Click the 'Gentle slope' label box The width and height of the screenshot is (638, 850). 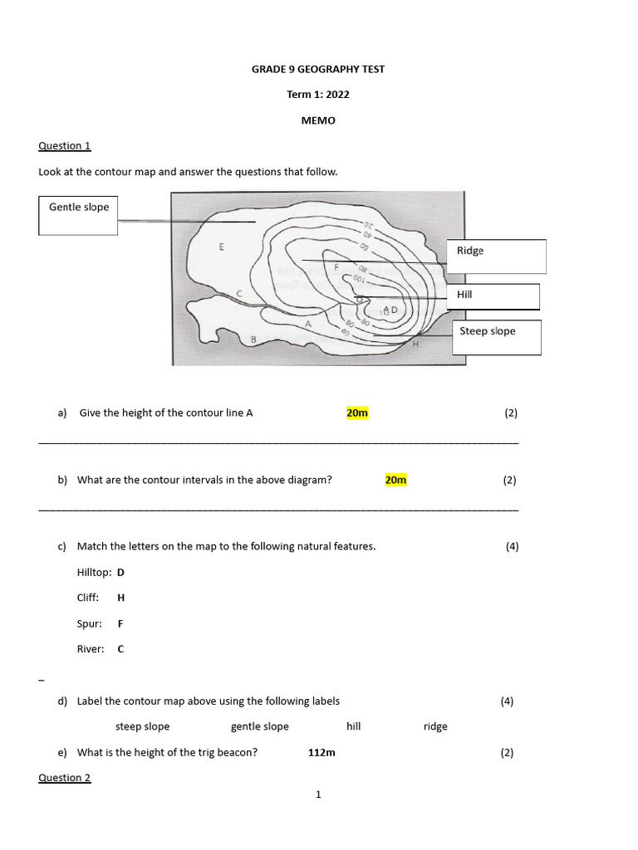[78, 215]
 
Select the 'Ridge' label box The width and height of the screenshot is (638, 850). [497, 256]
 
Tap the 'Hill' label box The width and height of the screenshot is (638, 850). [493, 296]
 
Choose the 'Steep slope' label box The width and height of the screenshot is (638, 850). [496, 337]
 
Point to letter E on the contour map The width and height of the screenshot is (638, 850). [221, 247]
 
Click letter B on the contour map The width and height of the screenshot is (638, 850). [253, 339]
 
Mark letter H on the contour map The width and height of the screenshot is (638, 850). [415, 344]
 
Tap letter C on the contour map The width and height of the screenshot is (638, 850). [240, 293]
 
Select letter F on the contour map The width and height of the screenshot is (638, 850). [336, 267]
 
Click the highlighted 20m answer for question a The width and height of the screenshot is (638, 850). [356, 413]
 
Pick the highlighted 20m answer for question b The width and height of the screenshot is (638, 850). [395, 480]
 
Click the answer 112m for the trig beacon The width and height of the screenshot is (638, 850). [321, 752]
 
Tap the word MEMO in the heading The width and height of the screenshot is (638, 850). [318, 120]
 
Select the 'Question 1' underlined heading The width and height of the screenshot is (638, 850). [64, 145]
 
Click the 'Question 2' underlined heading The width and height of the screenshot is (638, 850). [64, 778]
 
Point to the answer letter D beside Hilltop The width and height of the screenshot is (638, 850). [120, 572]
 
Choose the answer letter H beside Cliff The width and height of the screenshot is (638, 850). [121, 598]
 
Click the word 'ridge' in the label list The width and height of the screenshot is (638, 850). [434, 726]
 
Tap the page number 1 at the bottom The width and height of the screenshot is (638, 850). [318, 794]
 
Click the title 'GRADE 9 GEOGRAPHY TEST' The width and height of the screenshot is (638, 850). [318, 69]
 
